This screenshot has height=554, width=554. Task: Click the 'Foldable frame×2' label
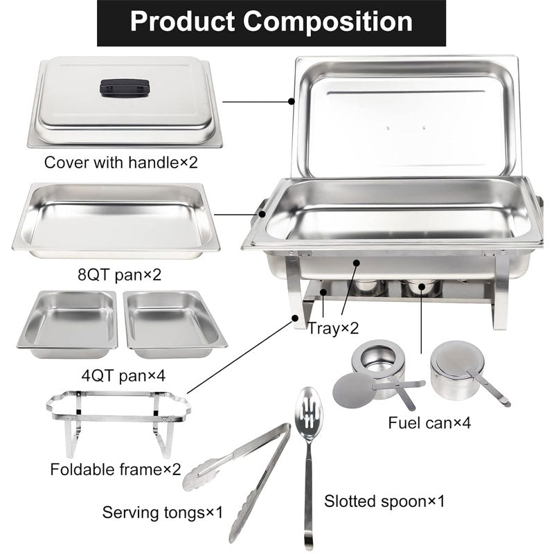[x=115, y=470]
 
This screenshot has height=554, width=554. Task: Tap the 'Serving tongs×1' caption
[x=163, y=513]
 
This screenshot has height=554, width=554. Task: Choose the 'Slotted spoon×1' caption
[x=385, y=500]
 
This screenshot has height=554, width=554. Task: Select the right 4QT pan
[x=175, y=323]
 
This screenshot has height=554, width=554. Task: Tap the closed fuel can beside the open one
[x=454, y=370]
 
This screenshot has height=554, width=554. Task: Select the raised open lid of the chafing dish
[x=405, y=114]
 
